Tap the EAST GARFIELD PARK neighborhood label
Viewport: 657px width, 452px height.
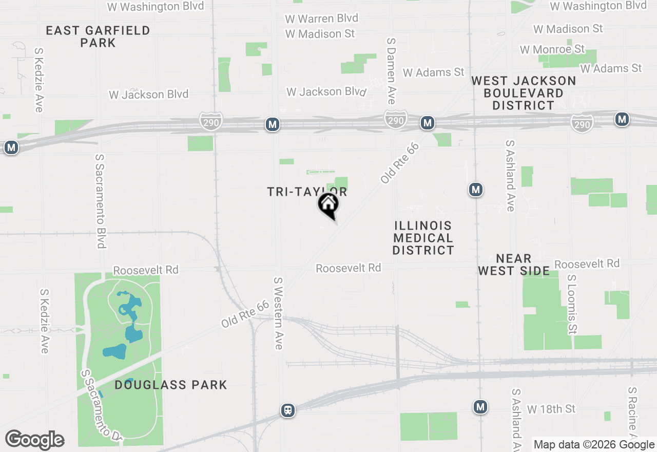point(98,36)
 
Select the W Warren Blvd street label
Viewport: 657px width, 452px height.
point(322,18)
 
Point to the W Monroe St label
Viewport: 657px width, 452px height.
point(552,49)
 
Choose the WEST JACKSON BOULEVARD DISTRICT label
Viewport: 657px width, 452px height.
point(524,93)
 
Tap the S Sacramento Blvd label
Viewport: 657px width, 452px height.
point(100,200)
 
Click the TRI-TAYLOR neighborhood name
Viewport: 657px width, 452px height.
point(307,192)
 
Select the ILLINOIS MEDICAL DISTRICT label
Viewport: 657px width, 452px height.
point(423,238)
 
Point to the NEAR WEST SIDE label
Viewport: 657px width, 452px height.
point(514,265)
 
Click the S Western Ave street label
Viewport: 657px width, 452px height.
point(278,313)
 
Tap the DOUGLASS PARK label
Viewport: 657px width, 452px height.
point(170,385)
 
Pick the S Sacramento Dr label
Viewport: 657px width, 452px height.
point(101,405)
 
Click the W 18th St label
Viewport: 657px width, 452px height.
point(551,409)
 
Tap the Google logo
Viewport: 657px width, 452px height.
point(34,440)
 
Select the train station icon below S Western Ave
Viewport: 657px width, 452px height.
point(288,410)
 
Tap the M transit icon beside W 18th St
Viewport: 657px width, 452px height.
point(480,407)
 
